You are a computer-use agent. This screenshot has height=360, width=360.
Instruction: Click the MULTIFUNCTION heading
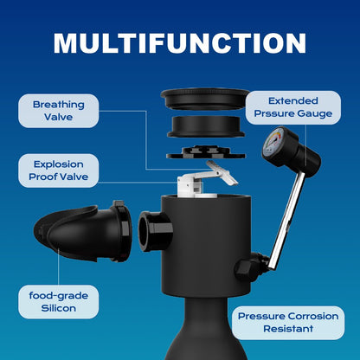[180, 43]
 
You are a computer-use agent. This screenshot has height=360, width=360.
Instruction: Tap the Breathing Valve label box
[59, 111]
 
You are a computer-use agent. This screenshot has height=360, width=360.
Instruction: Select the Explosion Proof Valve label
[59, 170]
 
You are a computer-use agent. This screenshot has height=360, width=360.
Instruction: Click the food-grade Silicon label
[59, 302]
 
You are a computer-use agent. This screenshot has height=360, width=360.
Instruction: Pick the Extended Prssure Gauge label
[293, 107]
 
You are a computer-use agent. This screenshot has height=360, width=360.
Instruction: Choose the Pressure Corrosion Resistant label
[288, 323]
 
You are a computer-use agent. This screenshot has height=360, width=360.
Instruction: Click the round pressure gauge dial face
[273, 143]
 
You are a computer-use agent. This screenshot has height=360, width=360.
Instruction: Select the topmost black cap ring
[205, 99]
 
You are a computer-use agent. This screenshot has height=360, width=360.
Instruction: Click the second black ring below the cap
[206, 126]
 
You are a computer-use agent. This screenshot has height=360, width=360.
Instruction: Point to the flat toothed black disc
[206, 152]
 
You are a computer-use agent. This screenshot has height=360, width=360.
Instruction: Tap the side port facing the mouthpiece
[155, 231]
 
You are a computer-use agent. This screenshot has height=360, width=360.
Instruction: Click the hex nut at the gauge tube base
[248, 267]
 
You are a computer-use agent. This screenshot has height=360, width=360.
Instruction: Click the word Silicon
[59, 308]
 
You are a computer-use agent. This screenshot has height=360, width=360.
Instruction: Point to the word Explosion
[59, 164]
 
